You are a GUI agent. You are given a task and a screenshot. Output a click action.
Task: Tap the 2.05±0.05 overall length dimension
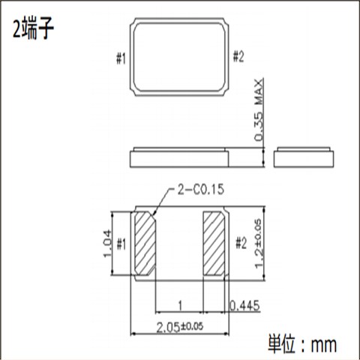coord(179,327)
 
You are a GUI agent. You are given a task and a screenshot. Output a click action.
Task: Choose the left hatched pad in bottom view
coord(145,243)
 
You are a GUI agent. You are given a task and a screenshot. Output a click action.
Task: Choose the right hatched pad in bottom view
coord(214,243)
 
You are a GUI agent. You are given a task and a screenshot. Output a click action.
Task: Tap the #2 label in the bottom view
coord(240,243)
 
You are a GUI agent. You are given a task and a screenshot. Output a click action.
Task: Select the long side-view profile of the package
coord(180,157)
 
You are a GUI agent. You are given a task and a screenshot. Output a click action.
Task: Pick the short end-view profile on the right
coord(304,157)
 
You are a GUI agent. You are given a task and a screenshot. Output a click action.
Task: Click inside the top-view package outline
coord(180,57)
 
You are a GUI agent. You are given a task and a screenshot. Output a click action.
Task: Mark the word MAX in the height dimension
coord(259,89)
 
